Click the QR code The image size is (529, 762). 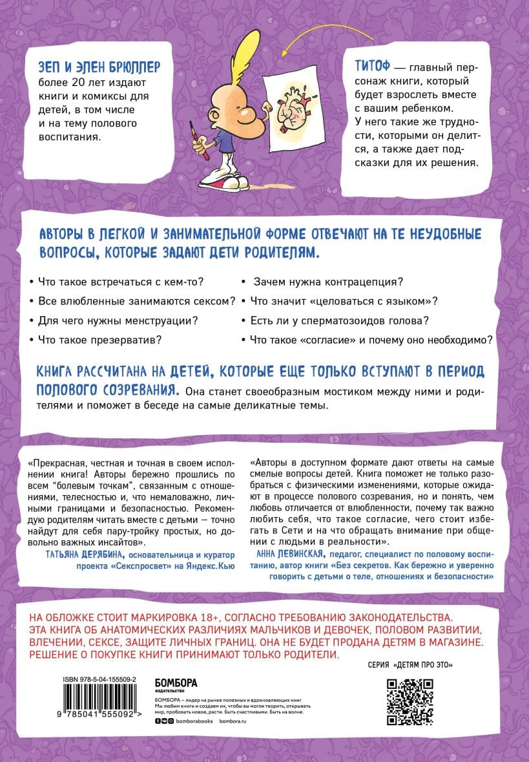click(410, 702)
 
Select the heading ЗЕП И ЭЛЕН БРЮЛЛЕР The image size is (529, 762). click(99, 67)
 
